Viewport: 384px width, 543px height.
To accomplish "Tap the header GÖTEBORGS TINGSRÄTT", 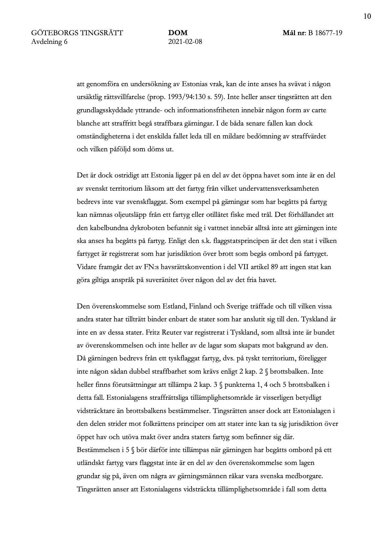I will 77,33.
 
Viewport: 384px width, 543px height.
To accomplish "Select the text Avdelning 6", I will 49,42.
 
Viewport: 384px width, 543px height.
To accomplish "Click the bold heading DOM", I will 178,33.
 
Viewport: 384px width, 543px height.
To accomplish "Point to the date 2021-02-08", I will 185,42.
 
